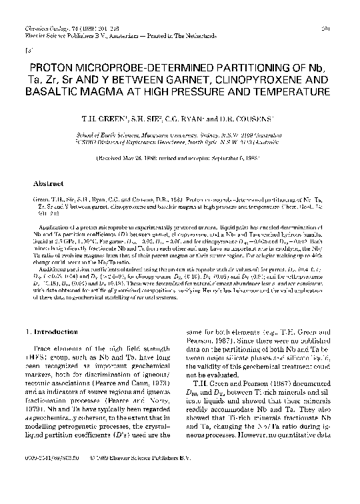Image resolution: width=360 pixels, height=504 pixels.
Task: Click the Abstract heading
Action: pos(49,183)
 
